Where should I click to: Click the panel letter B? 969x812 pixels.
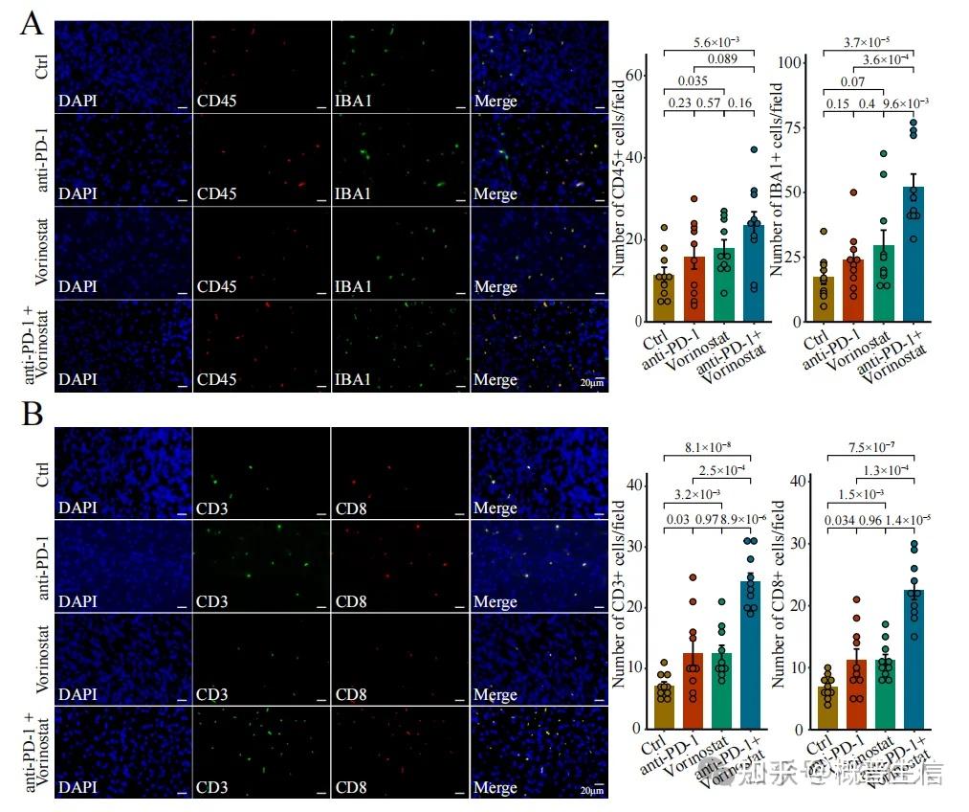click(32, 416)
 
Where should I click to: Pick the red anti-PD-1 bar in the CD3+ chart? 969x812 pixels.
click(692, 690)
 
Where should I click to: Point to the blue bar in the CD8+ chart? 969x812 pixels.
click(914, 660)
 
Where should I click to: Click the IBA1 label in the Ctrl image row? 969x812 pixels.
click(354, 101)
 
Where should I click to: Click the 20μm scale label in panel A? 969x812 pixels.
click(593, 383)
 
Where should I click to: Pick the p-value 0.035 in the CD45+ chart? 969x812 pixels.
click(694, 81)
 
